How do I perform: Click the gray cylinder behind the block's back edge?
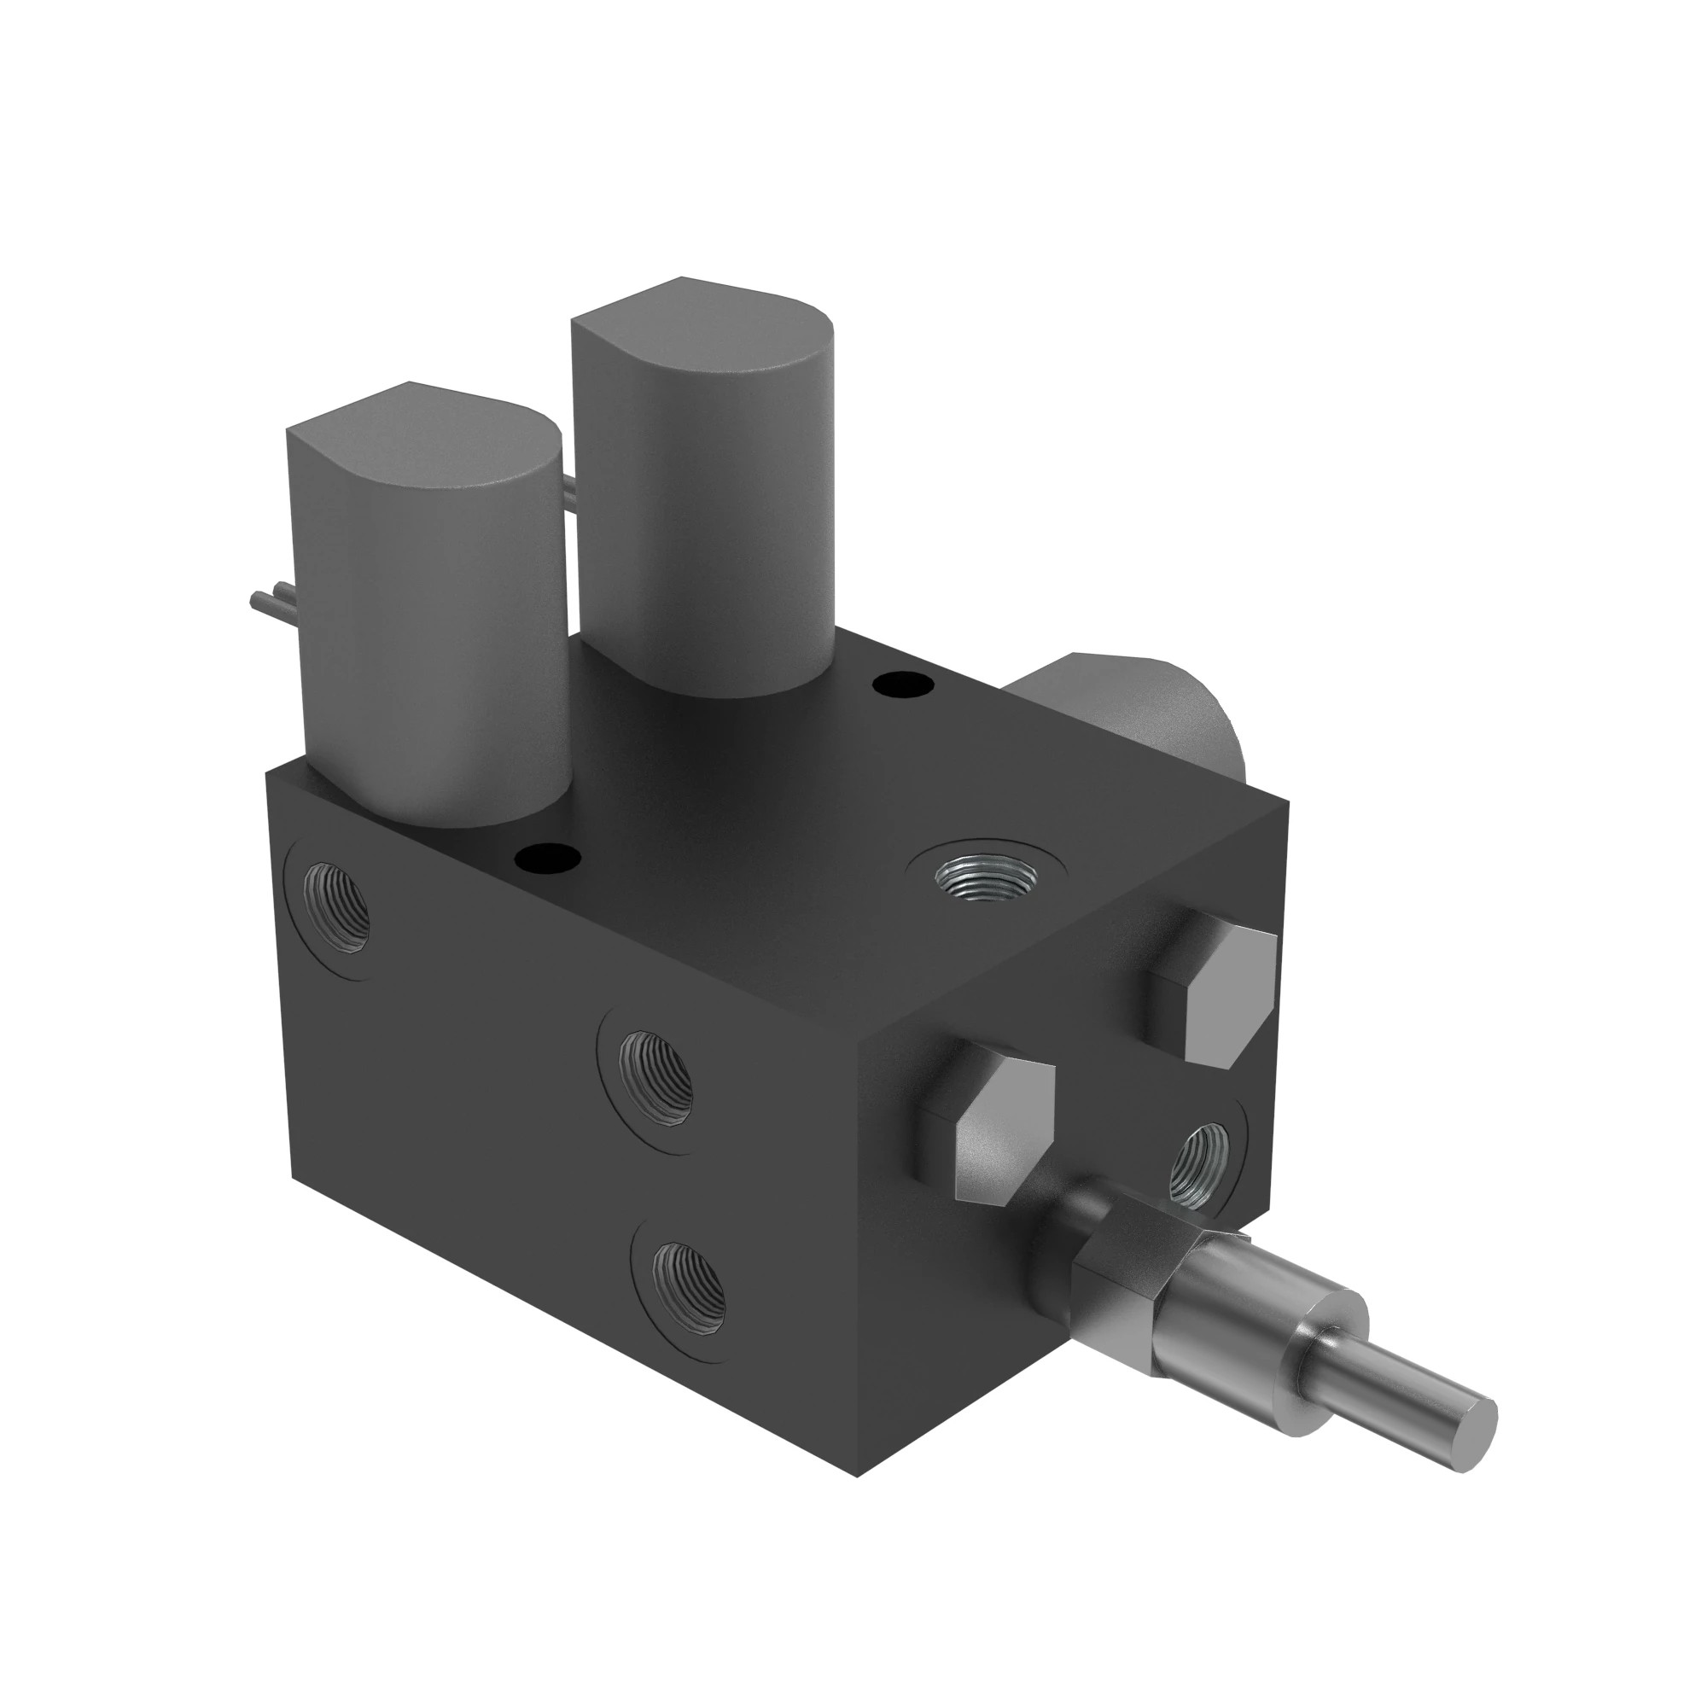1139,707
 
